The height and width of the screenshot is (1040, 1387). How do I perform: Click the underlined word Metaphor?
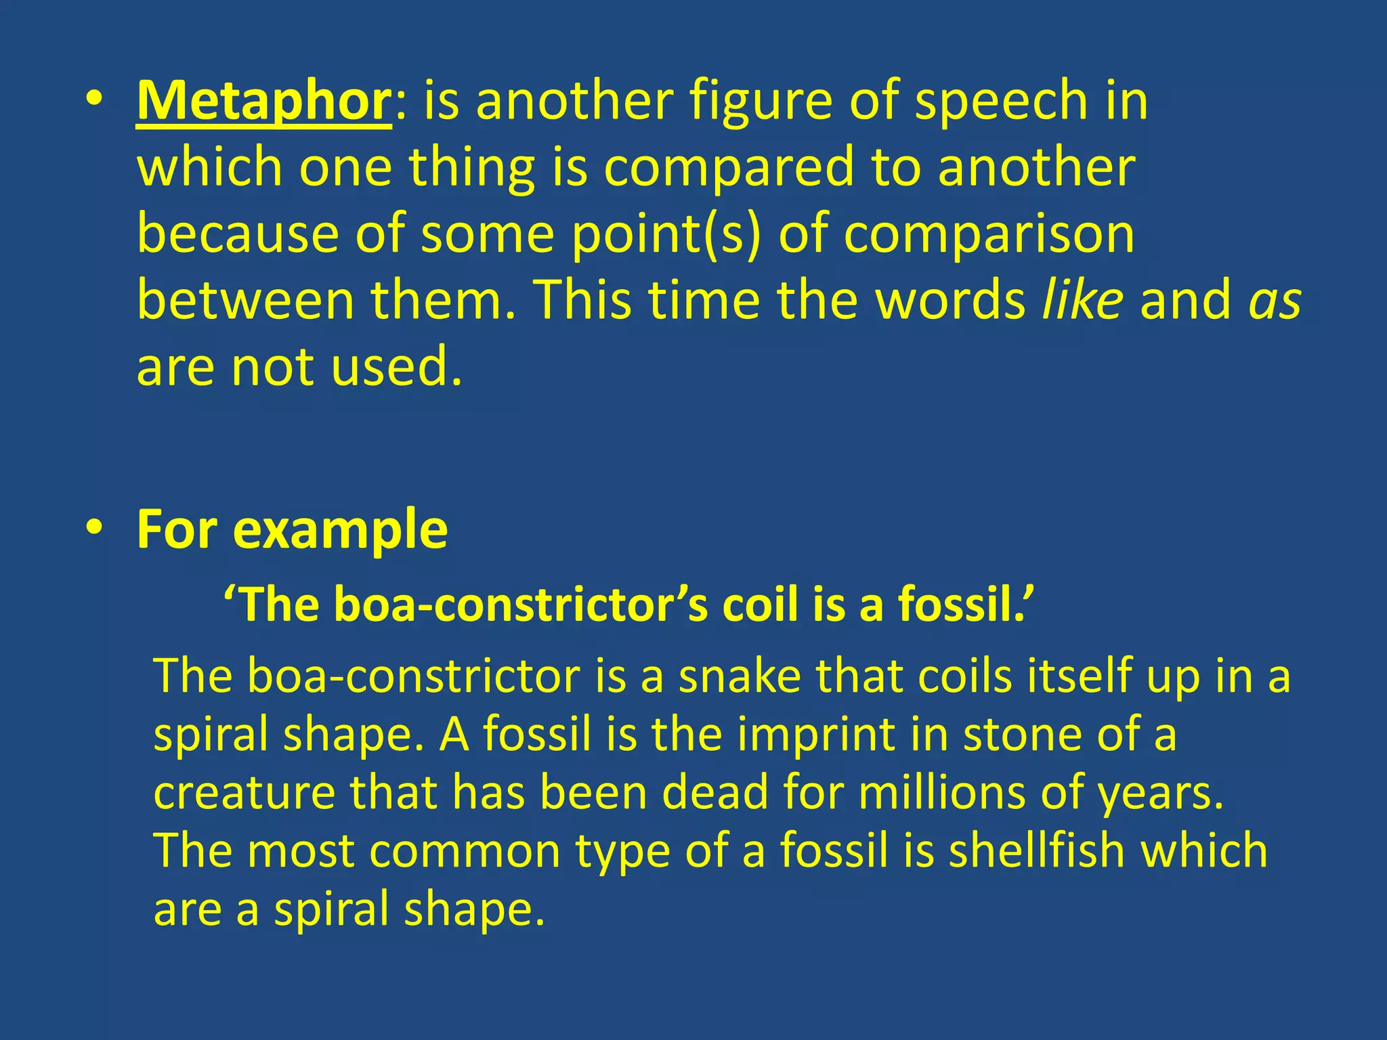(263, 100)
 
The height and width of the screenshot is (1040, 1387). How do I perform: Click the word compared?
(728, 168)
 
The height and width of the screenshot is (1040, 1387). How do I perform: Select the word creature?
(244, 793)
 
